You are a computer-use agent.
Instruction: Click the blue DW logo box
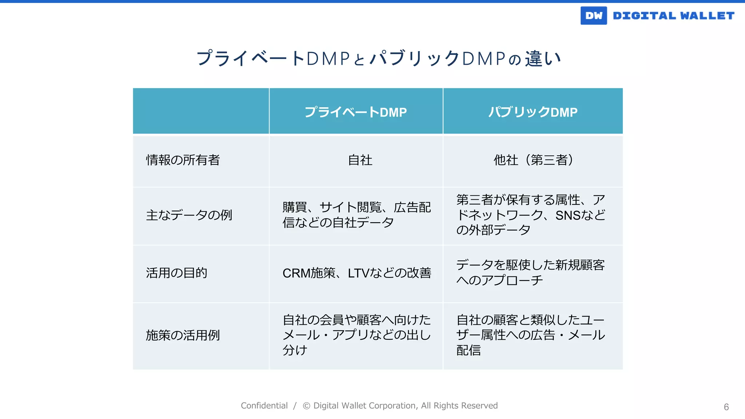tap(593, 16)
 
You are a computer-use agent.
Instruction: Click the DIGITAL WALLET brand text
tap(674, 16)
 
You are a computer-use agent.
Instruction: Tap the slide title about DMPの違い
tap(378, 59)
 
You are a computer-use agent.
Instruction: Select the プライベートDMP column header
tap(355, 112)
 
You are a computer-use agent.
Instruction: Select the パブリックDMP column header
tap(533, 112)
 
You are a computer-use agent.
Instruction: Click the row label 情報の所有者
tap(183, 160)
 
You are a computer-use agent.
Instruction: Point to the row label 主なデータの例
tap(189, 215)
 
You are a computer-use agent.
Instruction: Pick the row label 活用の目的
tap(176, 273)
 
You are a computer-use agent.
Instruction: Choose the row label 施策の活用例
tap(183, 335)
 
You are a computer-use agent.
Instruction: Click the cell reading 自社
tap(360, 160)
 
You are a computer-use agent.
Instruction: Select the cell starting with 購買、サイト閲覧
tap(356, 215)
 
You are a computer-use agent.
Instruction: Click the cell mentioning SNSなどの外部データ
tap(531, 215)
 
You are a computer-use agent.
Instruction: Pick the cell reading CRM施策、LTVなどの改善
tap(356, 273)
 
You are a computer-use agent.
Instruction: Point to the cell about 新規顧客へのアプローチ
tap(531, 273)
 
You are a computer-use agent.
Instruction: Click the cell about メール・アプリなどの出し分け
tap(356, 335)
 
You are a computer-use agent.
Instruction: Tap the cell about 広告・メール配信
tap(531, 335)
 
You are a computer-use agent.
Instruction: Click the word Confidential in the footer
tap(264, 406)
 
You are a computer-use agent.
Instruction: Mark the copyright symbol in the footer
tap(307, 406)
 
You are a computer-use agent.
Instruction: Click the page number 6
tap(726, 407)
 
